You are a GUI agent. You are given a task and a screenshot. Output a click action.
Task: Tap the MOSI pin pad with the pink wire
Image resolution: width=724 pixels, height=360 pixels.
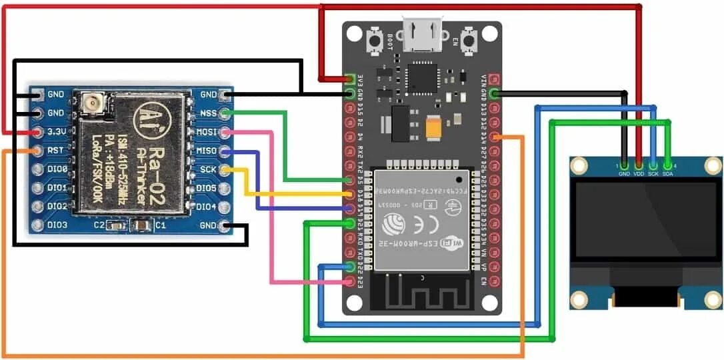[x=227, y=132]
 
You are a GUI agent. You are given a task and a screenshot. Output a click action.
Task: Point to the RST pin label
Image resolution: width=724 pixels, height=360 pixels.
[x=57, y=151]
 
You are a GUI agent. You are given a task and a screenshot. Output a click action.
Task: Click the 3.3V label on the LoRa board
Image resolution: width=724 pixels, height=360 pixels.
[x=57, y=132]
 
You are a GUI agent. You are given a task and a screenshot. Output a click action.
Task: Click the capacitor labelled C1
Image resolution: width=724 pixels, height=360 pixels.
[x=141, y=227]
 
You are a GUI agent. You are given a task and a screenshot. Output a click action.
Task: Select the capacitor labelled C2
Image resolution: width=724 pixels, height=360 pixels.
[x=117, y=227]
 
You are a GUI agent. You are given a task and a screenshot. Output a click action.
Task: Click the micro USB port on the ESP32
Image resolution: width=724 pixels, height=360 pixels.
[x=423, y=33]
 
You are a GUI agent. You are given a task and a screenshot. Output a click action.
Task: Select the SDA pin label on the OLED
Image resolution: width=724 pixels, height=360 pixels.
[x=667, y=173]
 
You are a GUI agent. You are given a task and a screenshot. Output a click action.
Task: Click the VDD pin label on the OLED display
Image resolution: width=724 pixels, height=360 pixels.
[x=638, y=173]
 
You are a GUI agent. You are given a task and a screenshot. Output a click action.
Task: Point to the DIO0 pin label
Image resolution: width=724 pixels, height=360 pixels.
[x=57, y=169]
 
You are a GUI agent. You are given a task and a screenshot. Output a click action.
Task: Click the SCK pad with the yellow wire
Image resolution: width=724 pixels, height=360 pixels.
[x=227, y=170]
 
